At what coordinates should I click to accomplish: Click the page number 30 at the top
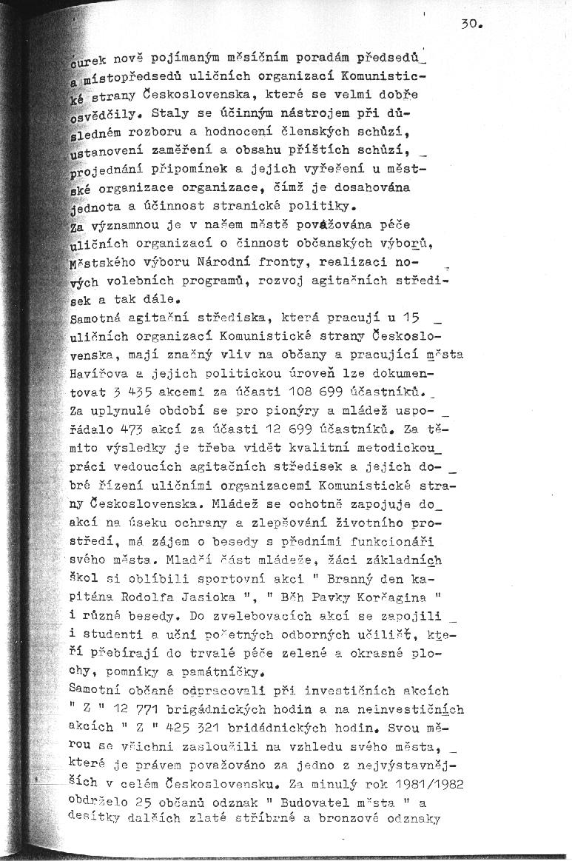coord(471,24)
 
